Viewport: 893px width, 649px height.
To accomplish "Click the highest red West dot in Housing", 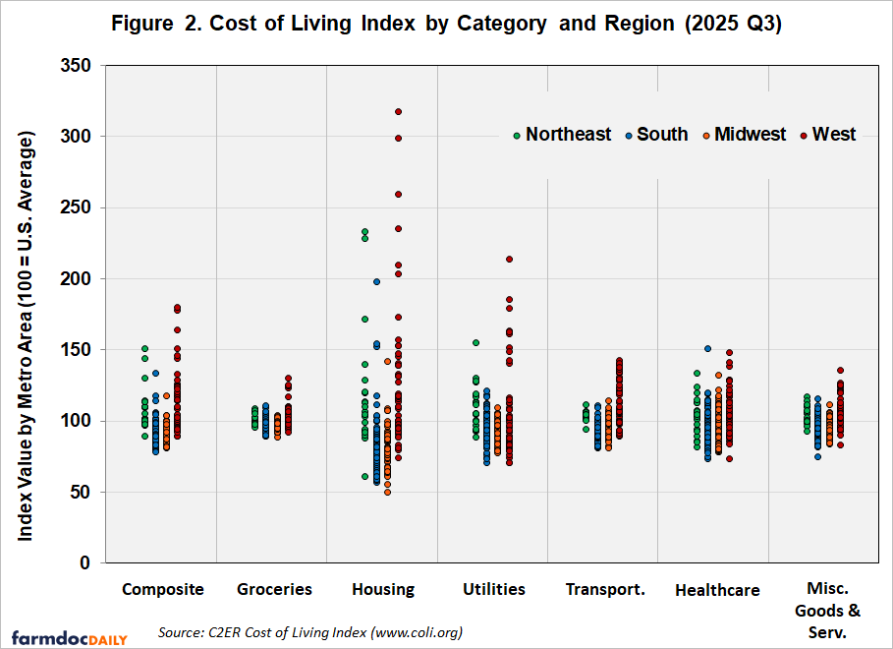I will click(x=398, y=112).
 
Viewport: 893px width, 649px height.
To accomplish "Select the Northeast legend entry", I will click(x=561, y=135).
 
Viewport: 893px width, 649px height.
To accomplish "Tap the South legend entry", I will click(x=655, y=135).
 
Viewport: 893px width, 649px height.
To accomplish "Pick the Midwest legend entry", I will click(x=743, y=135).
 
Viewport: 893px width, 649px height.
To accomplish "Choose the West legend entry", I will click(x=827, y=135).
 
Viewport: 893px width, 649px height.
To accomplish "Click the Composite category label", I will click(x=163, y=590).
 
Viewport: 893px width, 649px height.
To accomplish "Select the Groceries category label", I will click(x=274, y=590).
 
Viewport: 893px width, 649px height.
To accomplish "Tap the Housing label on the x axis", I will click(x=383, y=590).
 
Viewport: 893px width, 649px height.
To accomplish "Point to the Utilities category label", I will click(x=494, y=590).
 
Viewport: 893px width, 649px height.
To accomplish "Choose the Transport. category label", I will click(x=605, y=590).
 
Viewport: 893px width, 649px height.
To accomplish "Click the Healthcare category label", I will click(x=717, y=591).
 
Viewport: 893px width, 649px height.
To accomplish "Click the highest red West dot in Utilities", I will click(x=509, y=260).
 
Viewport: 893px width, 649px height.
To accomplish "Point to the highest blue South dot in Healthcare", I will click(x=706, y=349).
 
